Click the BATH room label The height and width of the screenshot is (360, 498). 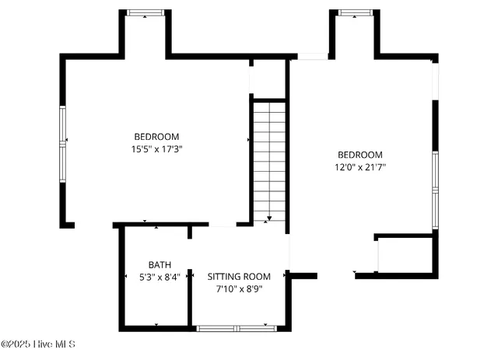click(x=160, y=264)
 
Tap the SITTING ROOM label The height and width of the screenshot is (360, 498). click(x=239, y=276)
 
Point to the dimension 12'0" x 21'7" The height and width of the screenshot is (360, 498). click(x=360, y=166)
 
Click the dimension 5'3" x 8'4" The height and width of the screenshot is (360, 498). click(x=160, y=276)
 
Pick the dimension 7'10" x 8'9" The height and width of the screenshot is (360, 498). click(x=239, y=288)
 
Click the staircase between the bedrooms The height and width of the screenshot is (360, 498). click(x=269, y=159)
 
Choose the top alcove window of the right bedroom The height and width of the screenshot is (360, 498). click(x=355, y=12)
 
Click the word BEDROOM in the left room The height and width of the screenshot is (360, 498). click(x=156, y=136)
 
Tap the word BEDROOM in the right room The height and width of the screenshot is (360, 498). click(x=360, y=155)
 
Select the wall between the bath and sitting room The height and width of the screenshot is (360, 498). click(x=190, y=276)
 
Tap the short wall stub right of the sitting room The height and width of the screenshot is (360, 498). click(x=303, y=275)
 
